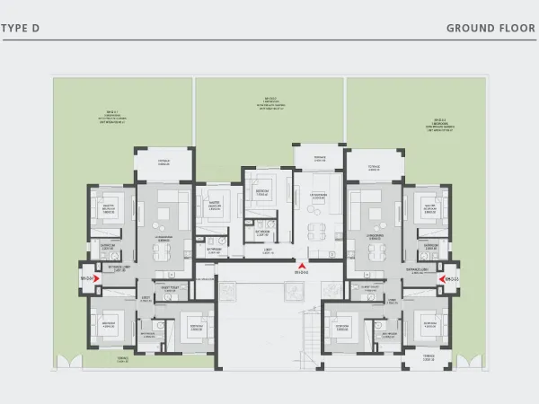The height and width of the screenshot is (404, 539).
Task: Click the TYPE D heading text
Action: [x=20, y=28]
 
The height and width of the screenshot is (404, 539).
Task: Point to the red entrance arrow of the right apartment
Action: [x=441, y=279]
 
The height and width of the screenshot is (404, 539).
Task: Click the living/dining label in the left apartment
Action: [x=164, y=240]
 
